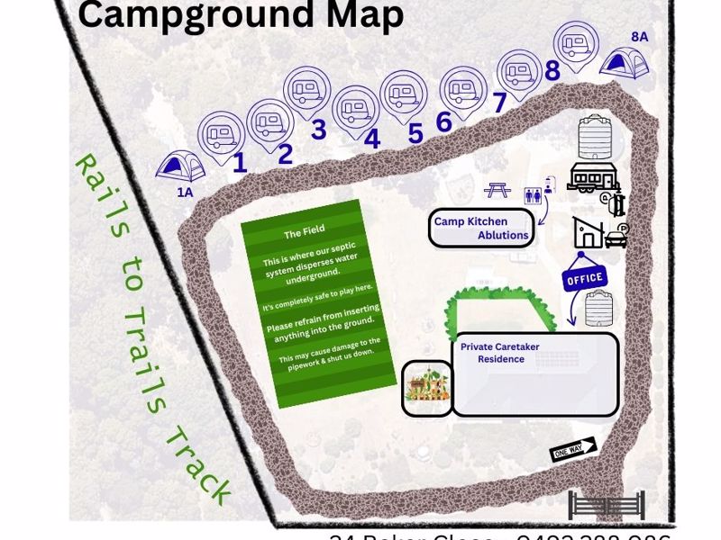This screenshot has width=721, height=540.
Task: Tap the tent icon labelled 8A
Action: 625,62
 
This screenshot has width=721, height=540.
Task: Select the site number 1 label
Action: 239,163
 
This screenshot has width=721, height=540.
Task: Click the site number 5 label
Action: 415,133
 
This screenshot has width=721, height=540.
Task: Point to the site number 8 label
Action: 552,70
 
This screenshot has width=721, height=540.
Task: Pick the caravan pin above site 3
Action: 307,91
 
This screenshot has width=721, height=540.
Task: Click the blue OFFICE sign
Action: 584,278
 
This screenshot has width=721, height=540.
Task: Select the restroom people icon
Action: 533,193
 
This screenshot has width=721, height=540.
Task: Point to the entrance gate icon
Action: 606,506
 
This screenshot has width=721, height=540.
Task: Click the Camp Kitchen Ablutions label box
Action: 480,229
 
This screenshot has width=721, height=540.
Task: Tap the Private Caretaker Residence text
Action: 493,353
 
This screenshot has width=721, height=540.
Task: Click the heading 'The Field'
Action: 304,233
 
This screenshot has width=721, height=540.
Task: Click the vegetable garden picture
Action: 426,387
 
